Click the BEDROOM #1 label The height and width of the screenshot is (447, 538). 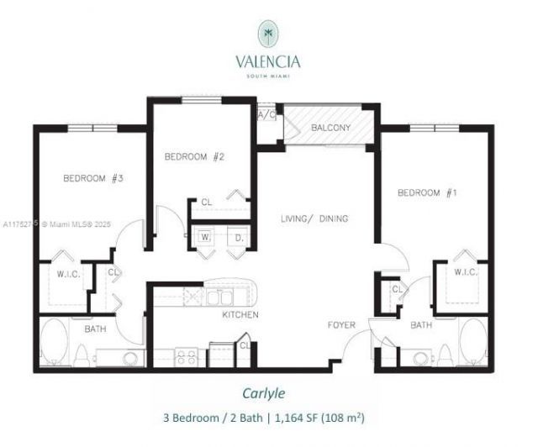point(426,193)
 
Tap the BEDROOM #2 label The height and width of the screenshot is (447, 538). point(193,156)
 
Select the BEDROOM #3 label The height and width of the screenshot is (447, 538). point(94,178)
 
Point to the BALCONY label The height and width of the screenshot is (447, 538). point(330,128)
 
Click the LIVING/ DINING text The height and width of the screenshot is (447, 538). point(314,218)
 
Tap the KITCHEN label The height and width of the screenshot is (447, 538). point(240,315)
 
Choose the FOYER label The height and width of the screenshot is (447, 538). point(341,325)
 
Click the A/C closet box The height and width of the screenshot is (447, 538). point(267,114)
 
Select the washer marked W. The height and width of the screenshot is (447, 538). point(204,238)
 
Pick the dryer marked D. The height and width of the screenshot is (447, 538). point(238,238)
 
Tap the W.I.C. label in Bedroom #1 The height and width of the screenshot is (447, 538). point(465,272)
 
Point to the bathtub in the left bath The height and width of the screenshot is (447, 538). point(54,342)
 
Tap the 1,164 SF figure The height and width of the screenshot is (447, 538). point(300,417)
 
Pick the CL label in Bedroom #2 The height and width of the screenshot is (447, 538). point(206,202)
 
